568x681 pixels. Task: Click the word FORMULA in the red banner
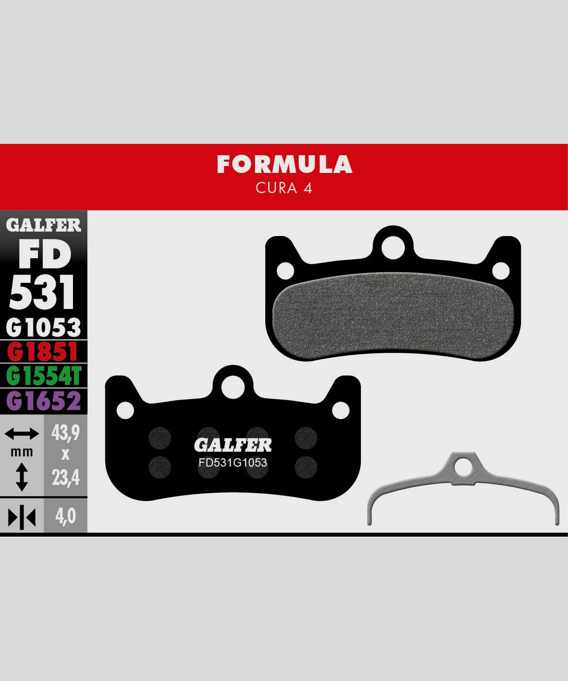pyautogui.click(x=284, y=165)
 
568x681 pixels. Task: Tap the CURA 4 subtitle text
pyautogui.click(x=284, y=188)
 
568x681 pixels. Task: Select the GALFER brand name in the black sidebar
pyautogui.click(x=43, y=225)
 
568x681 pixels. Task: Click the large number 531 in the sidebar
pyautogui.click(x=43, y=292)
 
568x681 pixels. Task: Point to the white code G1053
pyautogui.click(x=43, y=327)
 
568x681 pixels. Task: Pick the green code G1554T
pyautogui.click(x=43, y=376)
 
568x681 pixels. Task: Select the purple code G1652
pyautogui.click(x=43, y=401)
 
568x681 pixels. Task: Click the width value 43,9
pyautogui.click(x=66, y=433)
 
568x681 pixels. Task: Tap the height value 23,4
pyautogui.click(x=66, y=477)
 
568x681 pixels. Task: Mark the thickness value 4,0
pyautogui.click(x=66, y=516)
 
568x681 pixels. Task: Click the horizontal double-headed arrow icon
pyautogui.click(x=22, y=434)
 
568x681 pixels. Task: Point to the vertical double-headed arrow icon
pyautogui.click(x=22, y=477)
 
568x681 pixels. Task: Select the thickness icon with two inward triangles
pyautogui.click(x=22, y=517)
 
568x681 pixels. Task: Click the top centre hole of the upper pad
pyautogui.click(x=393, y=248)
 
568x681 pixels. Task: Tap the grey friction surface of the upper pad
pyautogui.click(x=393, y=315)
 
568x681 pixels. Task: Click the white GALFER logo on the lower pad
pyautogui.click(x=233, y=445)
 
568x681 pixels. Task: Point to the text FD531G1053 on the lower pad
pyautogui.click(x=233, y=463)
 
